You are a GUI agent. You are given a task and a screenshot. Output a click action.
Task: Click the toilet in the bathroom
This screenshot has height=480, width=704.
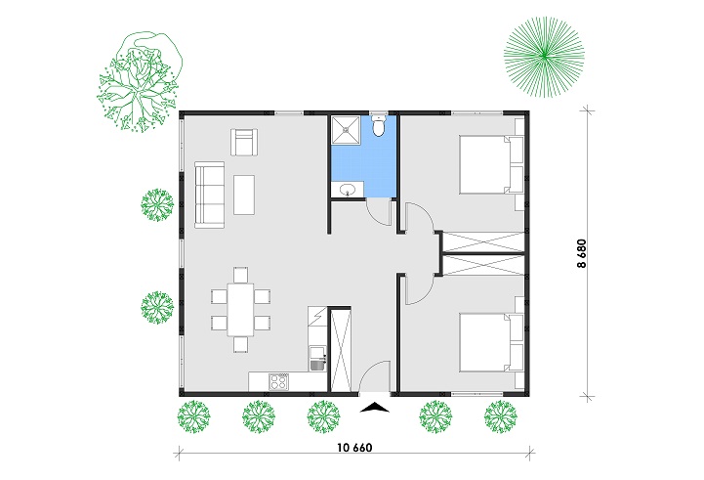(380, 125)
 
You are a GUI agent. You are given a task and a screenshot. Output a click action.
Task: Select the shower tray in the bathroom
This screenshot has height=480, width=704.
(346, 130)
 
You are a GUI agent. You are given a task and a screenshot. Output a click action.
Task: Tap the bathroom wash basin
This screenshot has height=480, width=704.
(347, 190)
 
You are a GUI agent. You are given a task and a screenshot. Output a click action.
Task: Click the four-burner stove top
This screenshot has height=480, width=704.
(278, 381)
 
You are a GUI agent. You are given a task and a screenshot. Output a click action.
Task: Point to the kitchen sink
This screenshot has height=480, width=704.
(318, 363)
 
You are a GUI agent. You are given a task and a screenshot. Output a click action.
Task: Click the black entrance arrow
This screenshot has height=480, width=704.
(375, 408)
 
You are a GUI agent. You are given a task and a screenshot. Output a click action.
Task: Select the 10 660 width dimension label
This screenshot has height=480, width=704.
(354, 448)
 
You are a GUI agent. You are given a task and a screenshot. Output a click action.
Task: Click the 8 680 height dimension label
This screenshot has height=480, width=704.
(581, 253)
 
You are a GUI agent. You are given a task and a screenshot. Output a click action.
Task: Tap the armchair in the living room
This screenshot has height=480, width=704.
(244, 142)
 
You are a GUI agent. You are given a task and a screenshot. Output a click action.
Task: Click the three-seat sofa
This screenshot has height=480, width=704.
(209, 196)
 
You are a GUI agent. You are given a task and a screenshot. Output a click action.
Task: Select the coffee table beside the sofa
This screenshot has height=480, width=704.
(244, 195)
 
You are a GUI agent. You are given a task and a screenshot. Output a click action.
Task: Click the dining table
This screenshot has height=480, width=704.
(240, 309)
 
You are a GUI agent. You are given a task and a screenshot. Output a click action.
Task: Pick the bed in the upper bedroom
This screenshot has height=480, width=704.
(491, 165)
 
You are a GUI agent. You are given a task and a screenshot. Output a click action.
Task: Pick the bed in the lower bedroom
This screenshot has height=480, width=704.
(491, 342)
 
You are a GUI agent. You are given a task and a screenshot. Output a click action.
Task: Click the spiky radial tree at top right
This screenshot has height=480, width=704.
(544, 57)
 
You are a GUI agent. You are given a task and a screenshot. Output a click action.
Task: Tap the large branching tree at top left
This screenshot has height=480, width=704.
(140, 82)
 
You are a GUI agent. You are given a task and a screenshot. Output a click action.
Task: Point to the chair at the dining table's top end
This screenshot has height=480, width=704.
(240, 275)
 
